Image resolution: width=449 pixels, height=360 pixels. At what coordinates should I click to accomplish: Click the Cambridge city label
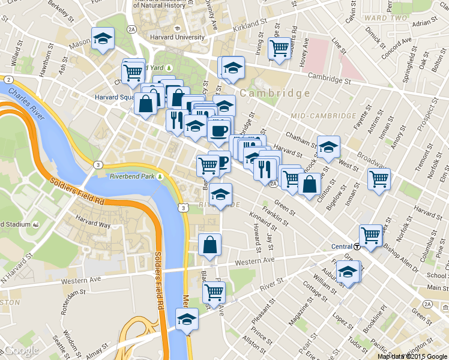[x=275, y=94]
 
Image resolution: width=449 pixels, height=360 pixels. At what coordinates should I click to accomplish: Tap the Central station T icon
[x=357, y=247]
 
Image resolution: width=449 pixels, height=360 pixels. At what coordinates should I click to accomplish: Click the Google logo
[x=22, y=351]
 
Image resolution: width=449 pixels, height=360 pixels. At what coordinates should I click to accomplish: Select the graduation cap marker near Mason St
[x=103, y=40]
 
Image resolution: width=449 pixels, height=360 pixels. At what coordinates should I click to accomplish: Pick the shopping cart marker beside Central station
[x=371, y=235]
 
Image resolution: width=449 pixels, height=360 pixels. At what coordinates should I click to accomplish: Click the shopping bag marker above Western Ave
[x=210, y=245]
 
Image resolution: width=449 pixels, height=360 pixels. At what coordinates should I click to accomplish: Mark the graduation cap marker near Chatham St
[x=328, y=147]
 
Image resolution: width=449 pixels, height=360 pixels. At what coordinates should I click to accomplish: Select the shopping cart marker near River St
[x=214, y=293]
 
